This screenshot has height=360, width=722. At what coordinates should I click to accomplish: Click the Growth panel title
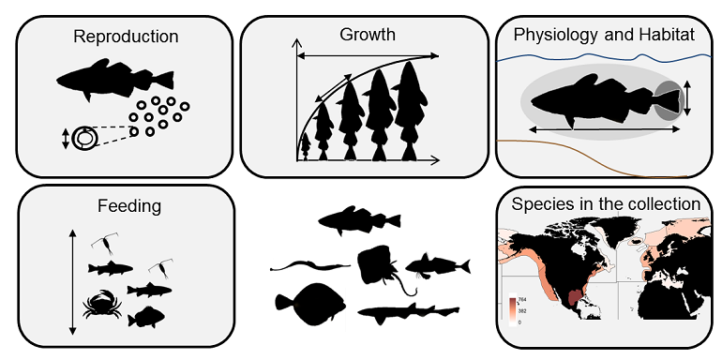[367, 35]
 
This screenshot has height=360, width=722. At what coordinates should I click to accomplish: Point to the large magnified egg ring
[85, 139]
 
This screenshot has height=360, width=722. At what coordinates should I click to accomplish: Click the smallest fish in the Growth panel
[304, 145]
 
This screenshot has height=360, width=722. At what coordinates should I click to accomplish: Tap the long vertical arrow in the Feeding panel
[72, 281]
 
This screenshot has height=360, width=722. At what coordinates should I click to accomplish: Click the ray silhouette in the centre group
[380, 265]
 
